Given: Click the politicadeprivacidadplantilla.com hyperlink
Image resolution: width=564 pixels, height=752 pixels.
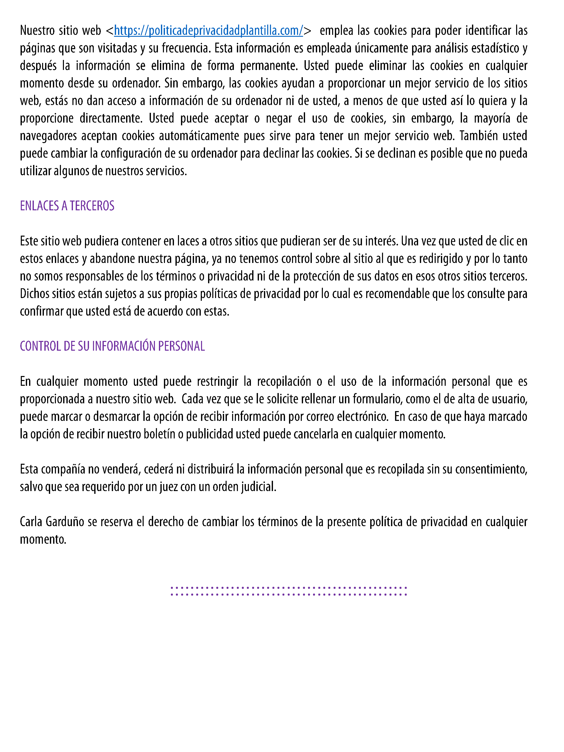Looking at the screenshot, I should click(x=208, y=31).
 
